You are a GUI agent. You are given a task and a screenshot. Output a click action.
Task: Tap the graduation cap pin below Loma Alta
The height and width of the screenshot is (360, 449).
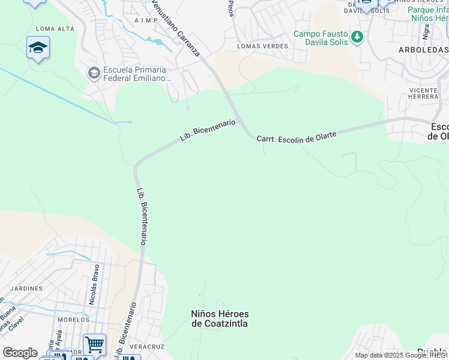38,48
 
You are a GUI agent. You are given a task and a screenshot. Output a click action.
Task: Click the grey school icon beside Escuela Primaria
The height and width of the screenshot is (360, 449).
94,73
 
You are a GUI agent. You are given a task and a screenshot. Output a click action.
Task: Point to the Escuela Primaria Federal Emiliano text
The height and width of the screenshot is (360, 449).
137,73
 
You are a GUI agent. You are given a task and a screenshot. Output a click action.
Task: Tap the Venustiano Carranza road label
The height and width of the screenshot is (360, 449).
175,28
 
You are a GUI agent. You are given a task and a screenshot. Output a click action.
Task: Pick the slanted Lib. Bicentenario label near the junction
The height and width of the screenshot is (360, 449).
207,130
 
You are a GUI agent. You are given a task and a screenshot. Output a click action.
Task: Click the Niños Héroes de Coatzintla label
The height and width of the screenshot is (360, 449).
220,319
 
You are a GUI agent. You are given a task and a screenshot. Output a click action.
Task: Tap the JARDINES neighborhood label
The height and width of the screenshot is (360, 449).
26,289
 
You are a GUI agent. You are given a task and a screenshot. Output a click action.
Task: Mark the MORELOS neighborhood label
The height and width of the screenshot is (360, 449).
73,320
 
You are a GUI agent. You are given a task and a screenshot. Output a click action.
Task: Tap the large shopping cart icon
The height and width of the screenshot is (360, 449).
94,344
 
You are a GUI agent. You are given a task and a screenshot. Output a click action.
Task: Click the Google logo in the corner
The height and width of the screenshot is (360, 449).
20,353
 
